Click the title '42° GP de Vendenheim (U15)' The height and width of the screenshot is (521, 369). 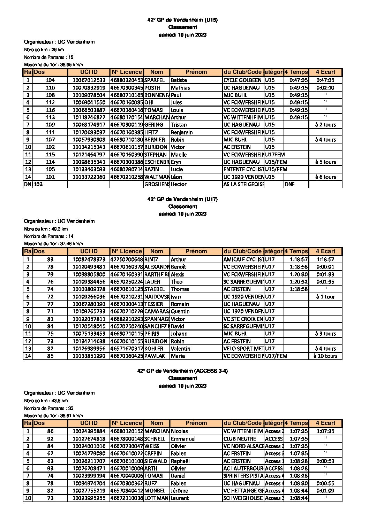pyautogui.click(x=182, y=20)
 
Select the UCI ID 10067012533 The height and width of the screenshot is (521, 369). pyautogui.click(x=89, y=80)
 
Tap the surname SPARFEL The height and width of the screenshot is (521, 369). pyautogui.click(x=155, y=80)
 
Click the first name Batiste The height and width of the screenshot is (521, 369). pyautogui.click(x=179, y=80)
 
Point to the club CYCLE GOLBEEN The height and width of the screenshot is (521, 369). pyautogui.click(x=242, y=80)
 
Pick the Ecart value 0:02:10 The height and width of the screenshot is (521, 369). pyautogui.click(x=325, y=88)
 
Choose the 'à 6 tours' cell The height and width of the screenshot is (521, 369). pyautogui.click(x=325, y=177)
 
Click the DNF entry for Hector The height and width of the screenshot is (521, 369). pyautogui.click(x=290, y=184)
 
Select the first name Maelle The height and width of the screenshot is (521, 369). pyautogui.click(x=179, y=155)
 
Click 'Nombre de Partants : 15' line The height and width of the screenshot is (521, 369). pyautogui.click(x=49, y=57)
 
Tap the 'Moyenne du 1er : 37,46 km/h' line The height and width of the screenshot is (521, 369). pyautogui.click(x=54, y=244)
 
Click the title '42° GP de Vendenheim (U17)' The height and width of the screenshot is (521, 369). pyautogui.click(x=182, y=199)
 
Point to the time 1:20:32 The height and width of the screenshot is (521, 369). pyautogui.click(x=299, y=282)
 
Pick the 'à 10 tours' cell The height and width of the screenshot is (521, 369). pyautogui.click(x=325, y=356)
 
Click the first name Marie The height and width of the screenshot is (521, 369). pyautogui.click(x=178, y=356)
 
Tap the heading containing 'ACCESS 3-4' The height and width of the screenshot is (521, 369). pyautogui.click(x=182, y=371)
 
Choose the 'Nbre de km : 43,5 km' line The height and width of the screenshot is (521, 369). pyautogui.click(x=46, y=401)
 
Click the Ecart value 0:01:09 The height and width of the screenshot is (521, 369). pyautogui.click(x=325, y=491)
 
